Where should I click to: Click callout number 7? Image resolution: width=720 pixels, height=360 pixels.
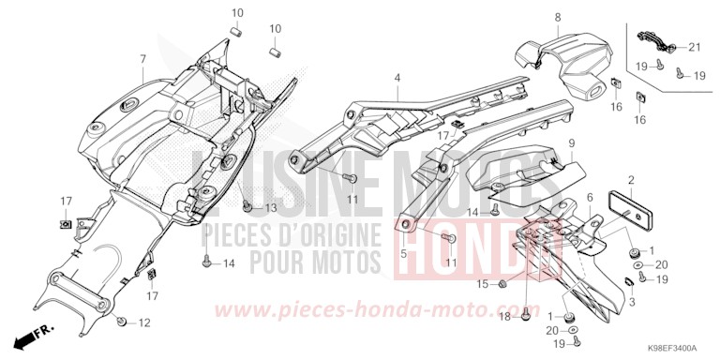point(142,59)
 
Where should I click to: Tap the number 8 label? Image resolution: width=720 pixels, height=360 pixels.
point(557,18)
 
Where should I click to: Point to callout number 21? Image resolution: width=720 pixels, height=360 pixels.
point(695,47)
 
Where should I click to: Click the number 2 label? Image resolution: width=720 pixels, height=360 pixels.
point(632,179)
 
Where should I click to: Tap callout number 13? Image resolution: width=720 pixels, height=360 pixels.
point(271,207)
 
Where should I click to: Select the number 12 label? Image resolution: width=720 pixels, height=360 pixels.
point(143,323)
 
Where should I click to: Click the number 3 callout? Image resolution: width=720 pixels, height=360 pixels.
point(631,303)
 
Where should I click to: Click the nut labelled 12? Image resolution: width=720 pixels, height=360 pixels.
point(123,322)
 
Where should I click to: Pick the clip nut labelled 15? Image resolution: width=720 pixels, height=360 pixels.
point(503,284)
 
